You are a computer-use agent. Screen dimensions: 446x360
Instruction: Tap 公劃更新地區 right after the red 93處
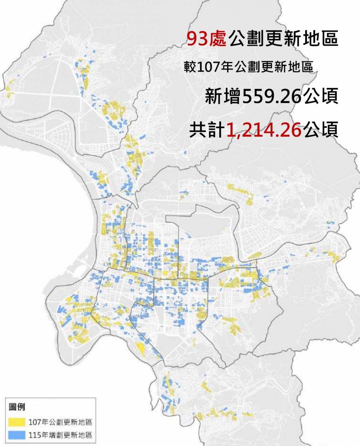[283, 39]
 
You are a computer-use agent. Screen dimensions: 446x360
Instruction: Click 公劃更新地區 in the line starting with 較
[273, 67]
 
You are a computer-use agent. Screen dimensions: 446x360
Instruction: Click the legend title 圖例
[17, 407]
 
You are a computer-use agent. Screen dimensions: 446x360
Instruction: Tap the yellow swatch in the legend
[17, 422]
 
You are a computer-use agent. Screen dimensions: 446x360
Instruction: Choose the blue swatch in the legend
[17, 435]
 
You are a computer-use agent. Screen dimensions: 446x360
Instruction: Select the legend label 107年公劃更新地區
[60, 422]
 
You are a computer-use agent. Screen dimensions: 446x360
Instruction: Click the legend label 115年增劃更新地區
[60, 435]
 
